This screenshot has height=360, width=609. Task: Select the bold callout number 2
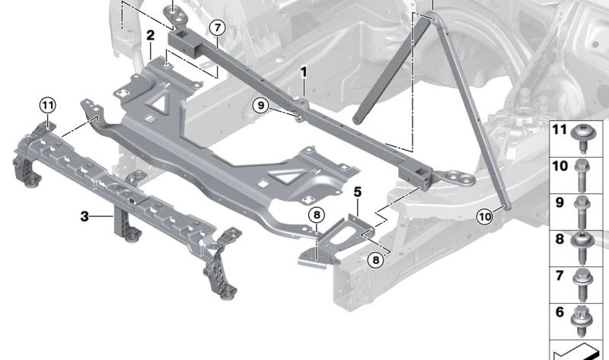click(151, 35)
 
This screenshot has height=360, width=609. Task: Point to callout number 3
click(84, 216)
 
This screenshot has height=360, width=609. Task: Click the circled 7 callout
click(218, 28)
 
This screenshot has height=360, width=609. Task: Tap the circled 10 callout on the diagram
click(484, 216)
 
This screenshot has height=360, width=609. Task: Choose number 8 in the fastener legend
click(560, 238)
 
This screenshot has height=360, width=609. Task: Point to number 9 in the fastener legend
click(560, 203)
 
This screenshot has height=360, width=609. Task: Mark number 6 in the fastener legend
click(560, 312)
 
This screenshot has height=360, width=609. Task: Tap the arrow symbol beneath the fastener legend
click(579, 350)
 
